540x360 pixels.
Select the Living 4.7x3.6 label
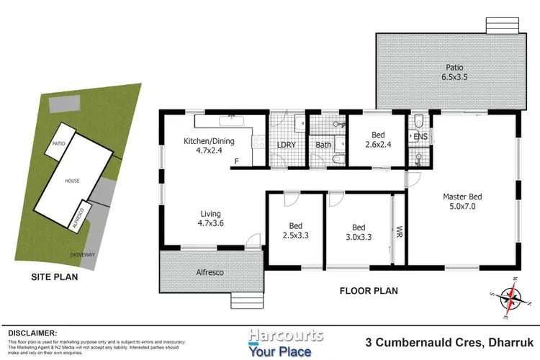coord(211,219)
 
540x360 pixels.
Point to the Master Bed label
coord(461,202)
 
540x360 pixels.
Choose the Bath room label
coord(323,145)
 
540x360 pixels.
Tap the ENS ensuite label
coord(420,136)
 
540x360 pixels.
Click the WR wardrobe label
coord(399,233)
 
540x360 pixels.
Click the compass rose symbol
coord(512,297)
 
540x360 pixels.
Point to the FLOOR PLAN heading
coord(369,291)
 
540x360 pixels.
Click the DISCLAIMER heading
coord(32,333)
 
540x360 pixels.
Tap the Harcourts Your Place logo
coord(285,343)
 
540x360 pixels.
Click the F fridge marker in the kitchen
coord(236,161)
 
